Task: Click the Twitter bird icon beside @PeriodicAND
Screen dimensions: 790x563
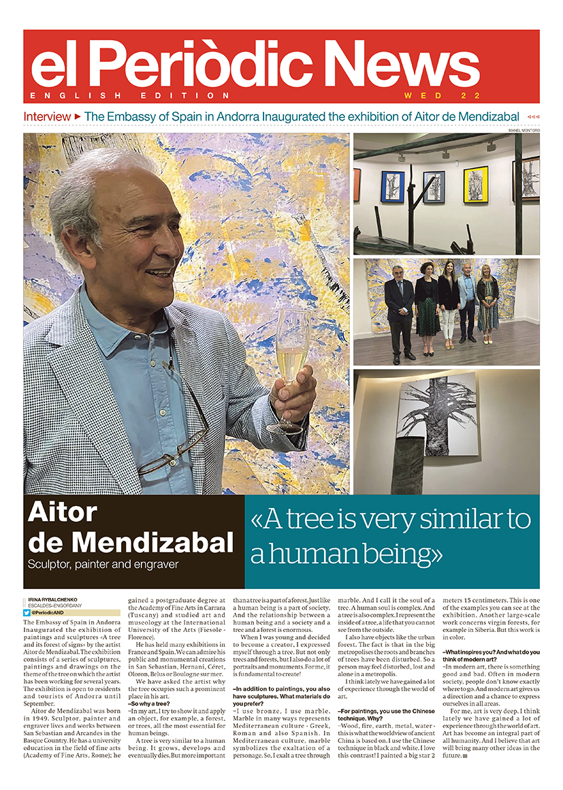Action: click(27, 612)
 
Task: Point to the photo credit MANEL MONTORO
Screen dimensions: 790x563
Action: click(524, 129)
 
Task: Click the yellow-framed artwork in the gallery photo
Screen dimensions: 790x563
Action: click(475, 183)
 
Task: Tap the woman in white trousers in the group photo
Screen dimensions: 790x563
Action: click(449, 306)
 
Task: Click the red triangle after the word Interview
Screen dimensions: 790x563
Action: click(78, 116)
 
